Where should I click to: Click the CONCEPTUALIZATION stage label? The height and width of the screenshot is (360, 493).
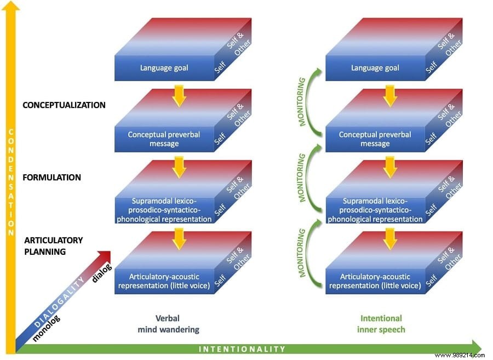click(64, 105)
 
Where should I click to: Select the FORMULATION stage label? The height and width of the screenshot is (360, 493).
click(53, 178)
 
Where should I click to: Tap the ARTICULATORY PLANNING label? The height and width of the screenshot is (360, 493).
click(53, 246)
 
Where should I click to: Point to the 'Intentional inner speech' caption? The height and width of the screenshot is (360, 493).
click(381, 324)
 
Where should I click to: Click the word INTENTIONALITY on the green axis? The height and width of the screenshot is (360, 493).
click(242, 349)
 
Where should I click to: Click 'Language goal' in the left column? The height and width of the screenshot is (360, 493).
click(164, 68)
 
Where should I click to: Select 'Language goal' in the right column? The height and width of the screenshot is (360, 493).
click(375, 68)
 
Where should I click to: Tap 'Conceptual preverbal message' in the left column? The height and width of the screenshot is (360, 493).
click(164, 139)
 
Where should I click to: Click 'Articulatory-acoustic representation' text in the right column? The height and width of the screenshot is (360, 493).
click(375, 281)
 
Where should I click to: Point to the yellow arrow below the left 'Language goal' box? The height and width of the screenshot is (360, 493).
click(179, 95)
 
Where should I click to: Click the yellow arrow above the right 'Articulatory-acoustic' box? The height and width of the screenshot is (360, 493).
click(389, 237)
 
